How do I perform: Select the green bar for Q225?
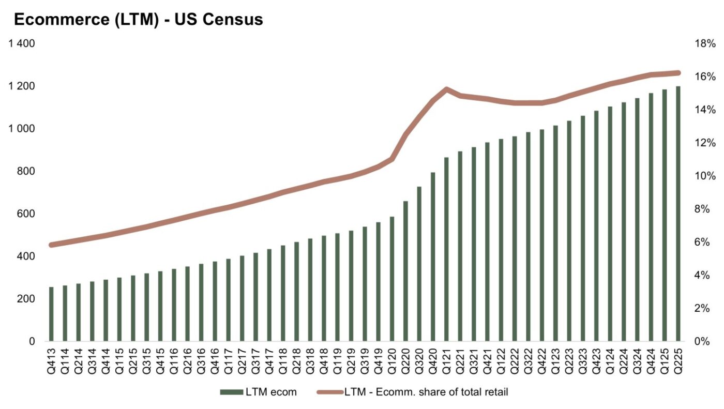[x=677, y=214]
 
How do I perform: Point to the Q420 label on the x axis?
[x=433, y=357]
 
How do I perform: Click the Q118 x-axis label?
[x=283, y=357]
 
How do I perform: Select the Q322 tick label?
[x=528, y=357]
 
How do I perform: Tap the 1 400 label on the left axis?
[x=21, y=43]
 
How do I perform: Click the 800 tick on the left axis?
[x=27, y=171]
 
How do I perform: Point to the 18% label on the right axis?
[x=705, y=43]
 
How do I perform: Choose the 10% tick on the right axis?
[x=705, y=176]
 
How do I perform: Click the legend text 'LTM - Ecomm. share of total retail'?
[x=426, y=392]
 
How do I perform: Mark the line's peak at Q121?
[x=446, y=89]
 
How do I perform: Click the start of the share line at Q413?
[x=51, y=245]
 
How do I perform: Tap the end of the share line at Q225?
[x=677, y=73]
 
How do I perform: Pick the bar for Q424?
[x=651, y=217]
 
